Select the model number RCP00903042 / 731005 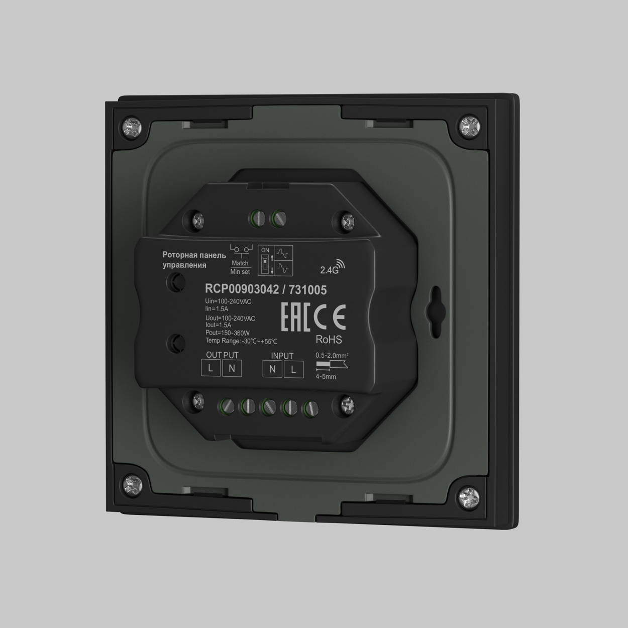tap(266, 290)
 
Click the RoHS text tap(328, 340)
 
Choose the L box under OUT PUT tap(211, 369)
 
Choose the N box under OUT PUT tap(232, 369)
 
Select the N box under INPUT tap(272, 370)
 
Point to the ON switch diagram tap(275, 261)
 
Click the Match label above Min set tap(240, 263)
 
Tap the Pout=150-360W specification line tap(227, 333)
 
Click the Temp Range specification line tap(241, 341)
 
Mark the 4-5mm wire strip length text tap(326, 376)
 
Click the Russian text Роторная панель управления tap(193, 260)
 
